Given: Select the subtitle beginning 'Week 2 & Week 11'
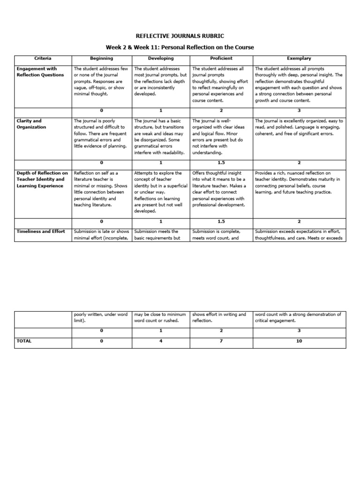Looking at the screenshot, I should (x=180, y=47).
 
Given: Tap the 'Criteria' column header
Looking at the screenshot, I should (x=43, y=59).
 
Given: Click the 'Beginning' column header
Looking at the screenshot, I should (x=101, y=59).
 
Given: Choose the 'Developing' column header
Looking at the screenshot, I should (x=160, y=59).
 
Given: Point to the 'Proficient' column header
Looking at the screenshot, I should (x=221, y=59).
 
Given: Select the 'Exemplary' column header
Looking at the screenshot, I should (x=299, y=59).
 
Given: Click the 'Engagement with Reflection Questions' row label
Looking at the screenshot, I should (x=40, y=72).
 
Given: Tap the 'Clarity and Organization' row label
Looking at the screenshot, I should (x=31, y=124).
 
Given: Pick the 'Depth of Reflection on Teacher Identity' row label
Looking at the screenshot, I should (x=42, y=179).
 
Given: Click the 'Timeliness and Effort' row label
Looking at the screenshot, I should (x=41, y=231).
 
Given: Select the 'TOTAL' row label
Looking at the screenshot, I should (x=24, y=341).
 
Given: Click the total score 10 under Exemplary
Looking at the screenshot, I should (x=299, y=341).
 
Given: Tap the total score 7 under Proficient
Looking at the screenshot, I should (x=221, y=341).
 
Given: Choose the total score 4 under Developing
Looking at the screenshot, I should (x=160, y=341).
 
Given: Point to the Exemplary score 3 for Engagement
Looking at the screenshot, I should (x=299, y=110).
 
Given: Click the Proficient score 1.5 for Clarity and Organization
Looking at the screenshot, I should (x=221, y=163).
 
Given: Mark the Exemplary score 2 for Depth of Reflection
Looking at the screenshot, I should (x=299, y=221).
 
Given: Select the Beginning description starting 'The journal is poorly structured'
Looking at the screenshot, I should (x=100, y=133).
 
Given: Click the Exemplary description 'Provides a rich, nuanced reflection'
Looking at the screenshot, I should (x=298, y=182).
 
